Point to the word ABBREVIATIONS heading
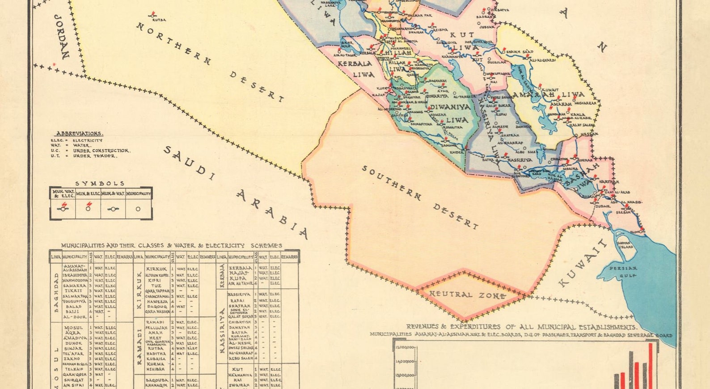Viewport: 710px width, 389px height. (x=80, y=133)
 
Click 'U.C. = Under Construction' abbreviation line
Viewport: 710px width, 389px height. (x=90, y=151)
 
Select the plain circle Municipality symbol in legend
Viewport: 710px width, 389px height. (x=138, y=209)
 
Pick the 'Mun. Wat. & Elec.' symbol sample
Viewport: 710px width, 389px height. (x=63, y=209)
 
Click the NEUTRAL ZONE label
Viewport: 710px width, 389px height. (x=468, y=295)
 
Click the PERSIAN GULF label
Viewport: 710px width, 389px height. (x=623, y=272)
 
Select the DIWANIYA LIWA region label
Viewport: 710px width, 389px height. (x=450, y=113)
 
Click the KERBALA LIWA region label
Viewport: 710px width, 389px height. (x=355, y=69)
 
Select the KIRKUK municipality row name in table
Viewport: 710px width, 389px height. (x=156, y=269)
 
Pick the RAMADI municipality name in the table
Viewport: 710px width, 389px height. (x=155, y=322)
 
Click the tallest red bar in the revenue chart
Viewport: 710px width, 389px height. (x=651, y=365)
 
